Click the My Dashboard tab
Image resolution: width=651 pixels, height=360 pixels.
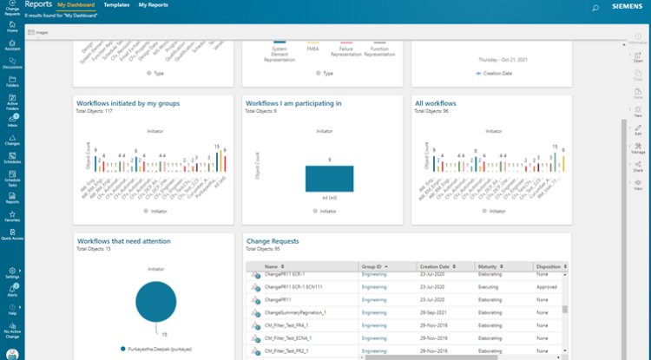coord(76,5)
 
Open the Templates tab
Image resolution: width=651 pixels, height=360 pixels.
coord(116,5)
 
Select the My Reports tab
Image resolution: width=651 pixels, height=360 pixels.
coord(154,5)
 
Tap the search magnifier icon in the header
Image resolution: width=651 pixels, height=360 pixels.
coord(595,7)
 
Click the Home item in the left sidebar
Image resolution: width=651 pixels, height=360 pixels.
coord(12,26)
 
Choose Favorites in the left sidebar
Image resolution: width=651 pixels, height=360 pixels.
coord(12,217)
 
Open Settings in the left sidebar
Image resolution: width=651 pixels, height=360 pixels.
coord(12,274)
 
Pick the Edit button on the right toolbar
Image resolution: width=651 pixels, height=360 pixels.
coord(638,131)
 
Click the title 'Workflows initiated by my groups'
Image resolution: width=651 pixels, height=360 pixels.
coord(128,103)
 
